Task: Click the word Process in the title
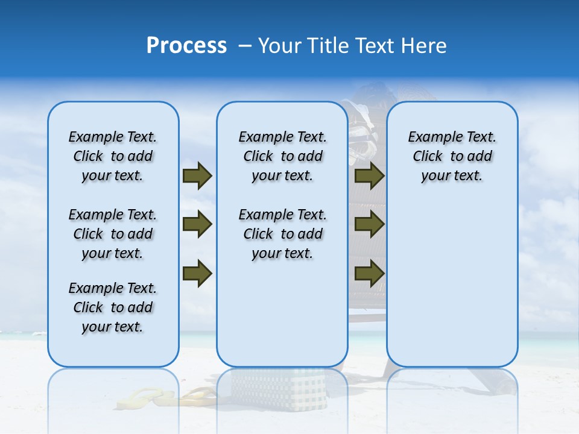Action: pos(186,46)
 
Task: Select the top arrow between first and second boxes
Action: pos(197,176)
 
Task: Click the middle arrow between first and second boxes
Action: pos(197,225)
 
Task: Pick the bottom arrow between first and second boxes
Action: pos(197,273)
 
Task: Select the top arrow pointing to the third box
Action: pos(369,176)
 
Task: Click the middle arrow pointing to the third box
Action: pos(369,225)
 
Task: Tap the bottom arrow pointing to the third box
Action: pos(369,273)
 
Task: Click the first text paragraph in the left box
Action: pos(113,156)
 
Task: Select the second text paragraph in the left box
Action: pos(113,234)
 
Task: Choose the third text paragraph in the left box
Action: pos(113,307)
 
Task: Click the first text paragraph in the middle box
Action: pos(282,156)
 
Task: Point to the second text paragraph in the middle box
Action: pos(282,234)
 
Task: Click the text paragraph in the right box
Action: pos(452,156)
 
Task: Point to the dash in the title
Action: pos(245,46)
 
